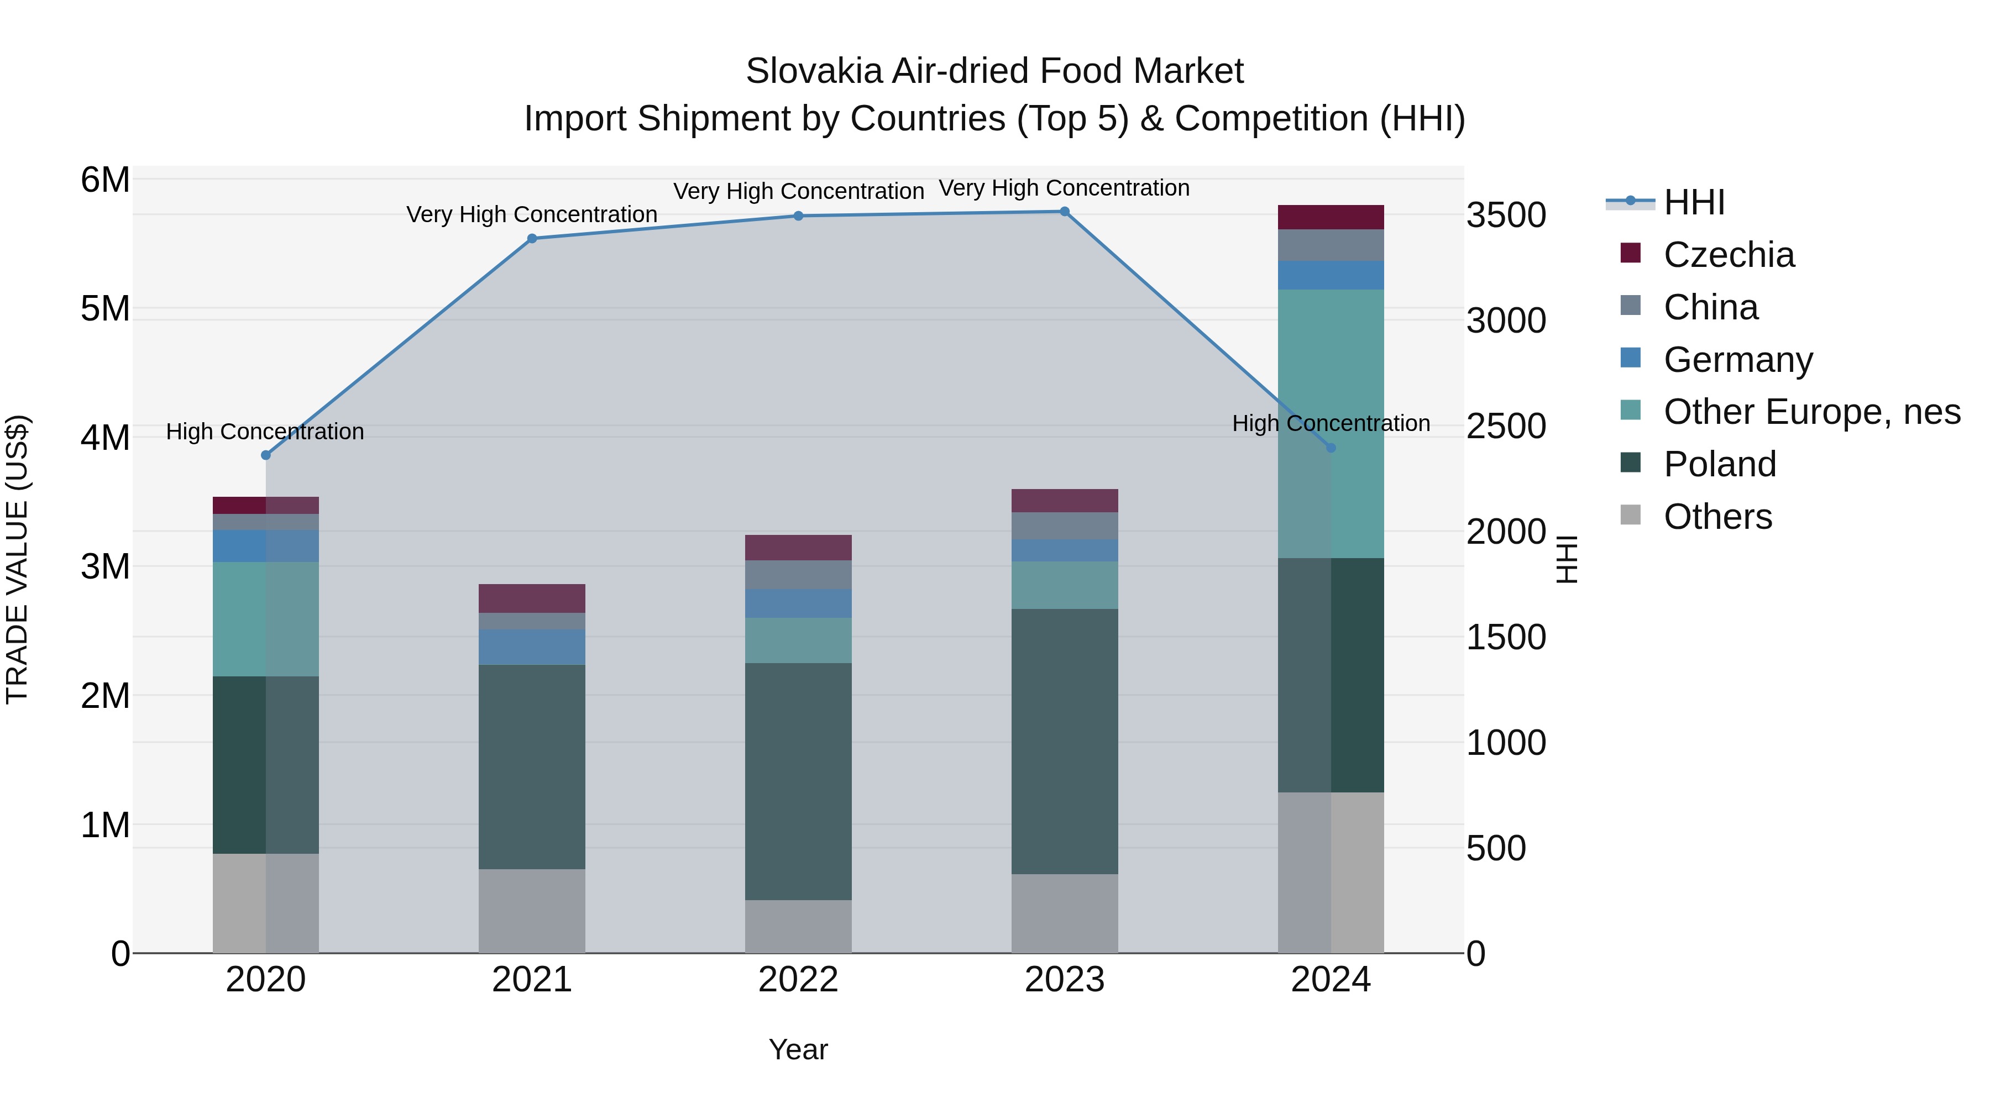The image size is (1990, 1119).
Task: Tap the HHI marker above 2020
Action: point(266,455)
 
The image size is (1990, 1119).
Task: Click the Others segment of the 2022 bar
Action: point(798,926)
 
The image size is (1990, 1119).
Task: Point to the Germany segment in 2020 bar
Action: point(266,546)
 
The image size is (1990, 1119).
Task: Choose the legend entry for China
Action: point(1710,307)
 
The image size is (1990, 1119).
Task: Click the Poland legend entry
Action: point(1720,464)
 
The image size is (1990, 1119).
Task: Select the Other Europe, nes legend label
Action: point(1811,412)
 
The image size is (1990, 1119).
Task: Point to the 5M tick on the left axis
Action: point(105,309)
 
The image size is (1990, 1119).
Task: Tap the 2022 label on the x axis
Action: point(798,980)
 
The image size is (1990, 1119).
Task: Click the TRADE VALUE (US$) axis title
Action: point(17,559)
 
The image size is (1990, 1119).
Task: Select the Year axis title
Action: point(798,1049)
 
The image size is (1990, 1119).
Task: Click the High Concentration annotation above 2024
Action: point(1331,423)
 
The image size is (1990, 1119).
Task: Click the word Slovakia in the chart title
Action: point(813,71)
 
